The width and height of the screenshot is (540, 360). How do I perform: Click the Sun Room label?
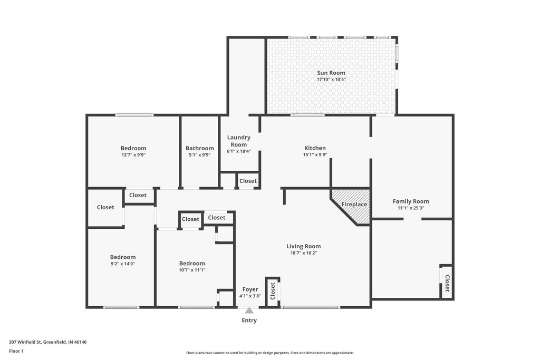331,73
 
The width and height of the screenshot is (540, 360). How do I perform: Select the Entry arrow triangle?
249,310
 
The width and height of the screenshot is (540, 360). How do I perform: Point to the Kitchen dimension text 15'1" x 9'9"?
315,155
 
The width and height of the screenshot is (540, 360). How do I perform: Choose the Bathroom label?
199,148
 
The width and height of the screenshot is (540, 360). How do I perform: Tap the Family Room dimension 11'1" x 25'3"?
411,208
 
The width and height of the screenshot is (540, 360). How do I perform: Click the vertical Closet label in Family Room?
447,283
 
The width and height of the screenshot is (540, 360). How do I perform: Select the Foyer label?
250,289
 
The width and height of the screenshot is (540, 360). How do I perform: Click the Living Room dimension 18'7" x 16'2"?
303,253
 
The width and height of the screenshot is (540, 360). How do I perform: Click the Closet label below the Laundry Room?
248,181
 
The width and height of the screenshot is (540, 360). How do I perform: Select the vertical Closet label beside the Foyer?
273,291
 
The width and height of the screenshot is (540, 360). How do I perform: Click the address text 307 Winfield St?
47,342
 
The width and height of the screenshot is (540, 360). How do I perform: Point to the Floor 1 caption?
16,351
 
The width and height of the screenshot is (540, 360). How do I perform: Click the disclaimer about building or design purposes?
269,353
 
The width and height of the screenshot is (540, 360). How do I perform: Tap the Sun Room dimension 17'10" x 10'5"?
331,80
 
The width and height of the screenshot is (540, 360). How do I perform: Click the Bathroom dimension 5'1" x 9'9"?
199,155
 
